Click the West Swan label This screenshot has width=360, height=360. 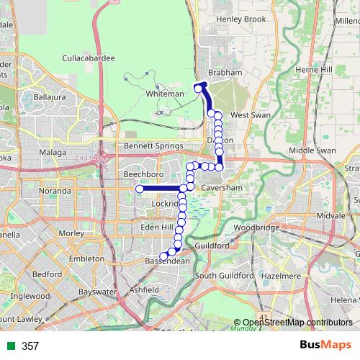249,115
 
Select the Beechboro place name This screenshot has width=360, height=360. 120,174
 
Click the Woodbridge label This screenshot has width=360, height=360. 256,227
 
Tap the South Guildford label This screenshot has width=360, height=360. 225,276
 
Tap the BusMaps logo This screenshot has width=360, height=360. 323,346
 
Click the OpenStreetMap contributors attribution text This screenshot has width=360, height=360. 297,323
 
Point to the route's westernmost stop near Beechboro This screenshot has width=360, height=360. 139,189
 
